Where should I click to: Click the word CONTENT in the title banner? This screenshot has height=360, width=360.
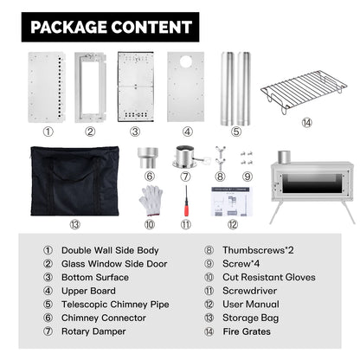(151, 27)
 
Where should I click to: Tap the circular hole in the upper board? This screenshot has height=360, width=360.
(185, 61)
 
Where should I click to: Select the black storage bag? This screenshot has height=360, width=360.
(74, 181)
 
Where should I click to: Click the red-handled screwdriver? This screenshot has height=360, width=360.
(186, 201)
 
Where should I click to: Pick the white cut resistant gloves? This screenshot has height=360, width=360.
(151, 201)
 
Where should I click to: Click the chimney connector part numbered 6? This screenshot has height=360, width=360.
(148, 157)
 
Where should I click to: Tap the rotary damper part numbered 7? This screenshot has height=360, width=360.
(186, 157)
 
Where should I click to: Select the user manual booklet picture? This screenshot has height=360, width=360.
(232, 202)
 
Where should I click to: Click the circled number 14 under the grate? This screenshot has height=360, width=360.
(306, 123)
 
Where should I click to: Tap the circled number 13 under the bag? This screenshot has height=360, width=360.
(74, 224)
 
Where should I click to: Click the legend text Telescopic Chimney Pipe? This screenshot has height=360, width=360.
(115, 305)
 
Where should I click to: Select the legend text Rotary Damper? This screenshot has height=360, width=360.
(93, 331)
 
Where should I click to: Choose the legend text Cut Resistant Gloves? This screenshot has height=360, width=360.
(269, 277)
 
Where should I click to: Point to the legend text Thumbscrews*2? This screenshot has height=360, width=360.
(258, 250)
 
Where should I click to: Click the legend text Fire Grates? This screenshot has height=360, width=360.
(247, 331)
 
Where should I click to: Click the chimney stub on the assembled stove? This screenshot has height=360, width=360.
(284, 157)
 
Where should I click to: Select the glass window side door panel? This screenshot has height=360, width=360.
(90, 87)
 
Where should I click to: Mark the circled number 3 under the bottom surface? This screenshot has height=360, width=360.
(135, 132)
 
